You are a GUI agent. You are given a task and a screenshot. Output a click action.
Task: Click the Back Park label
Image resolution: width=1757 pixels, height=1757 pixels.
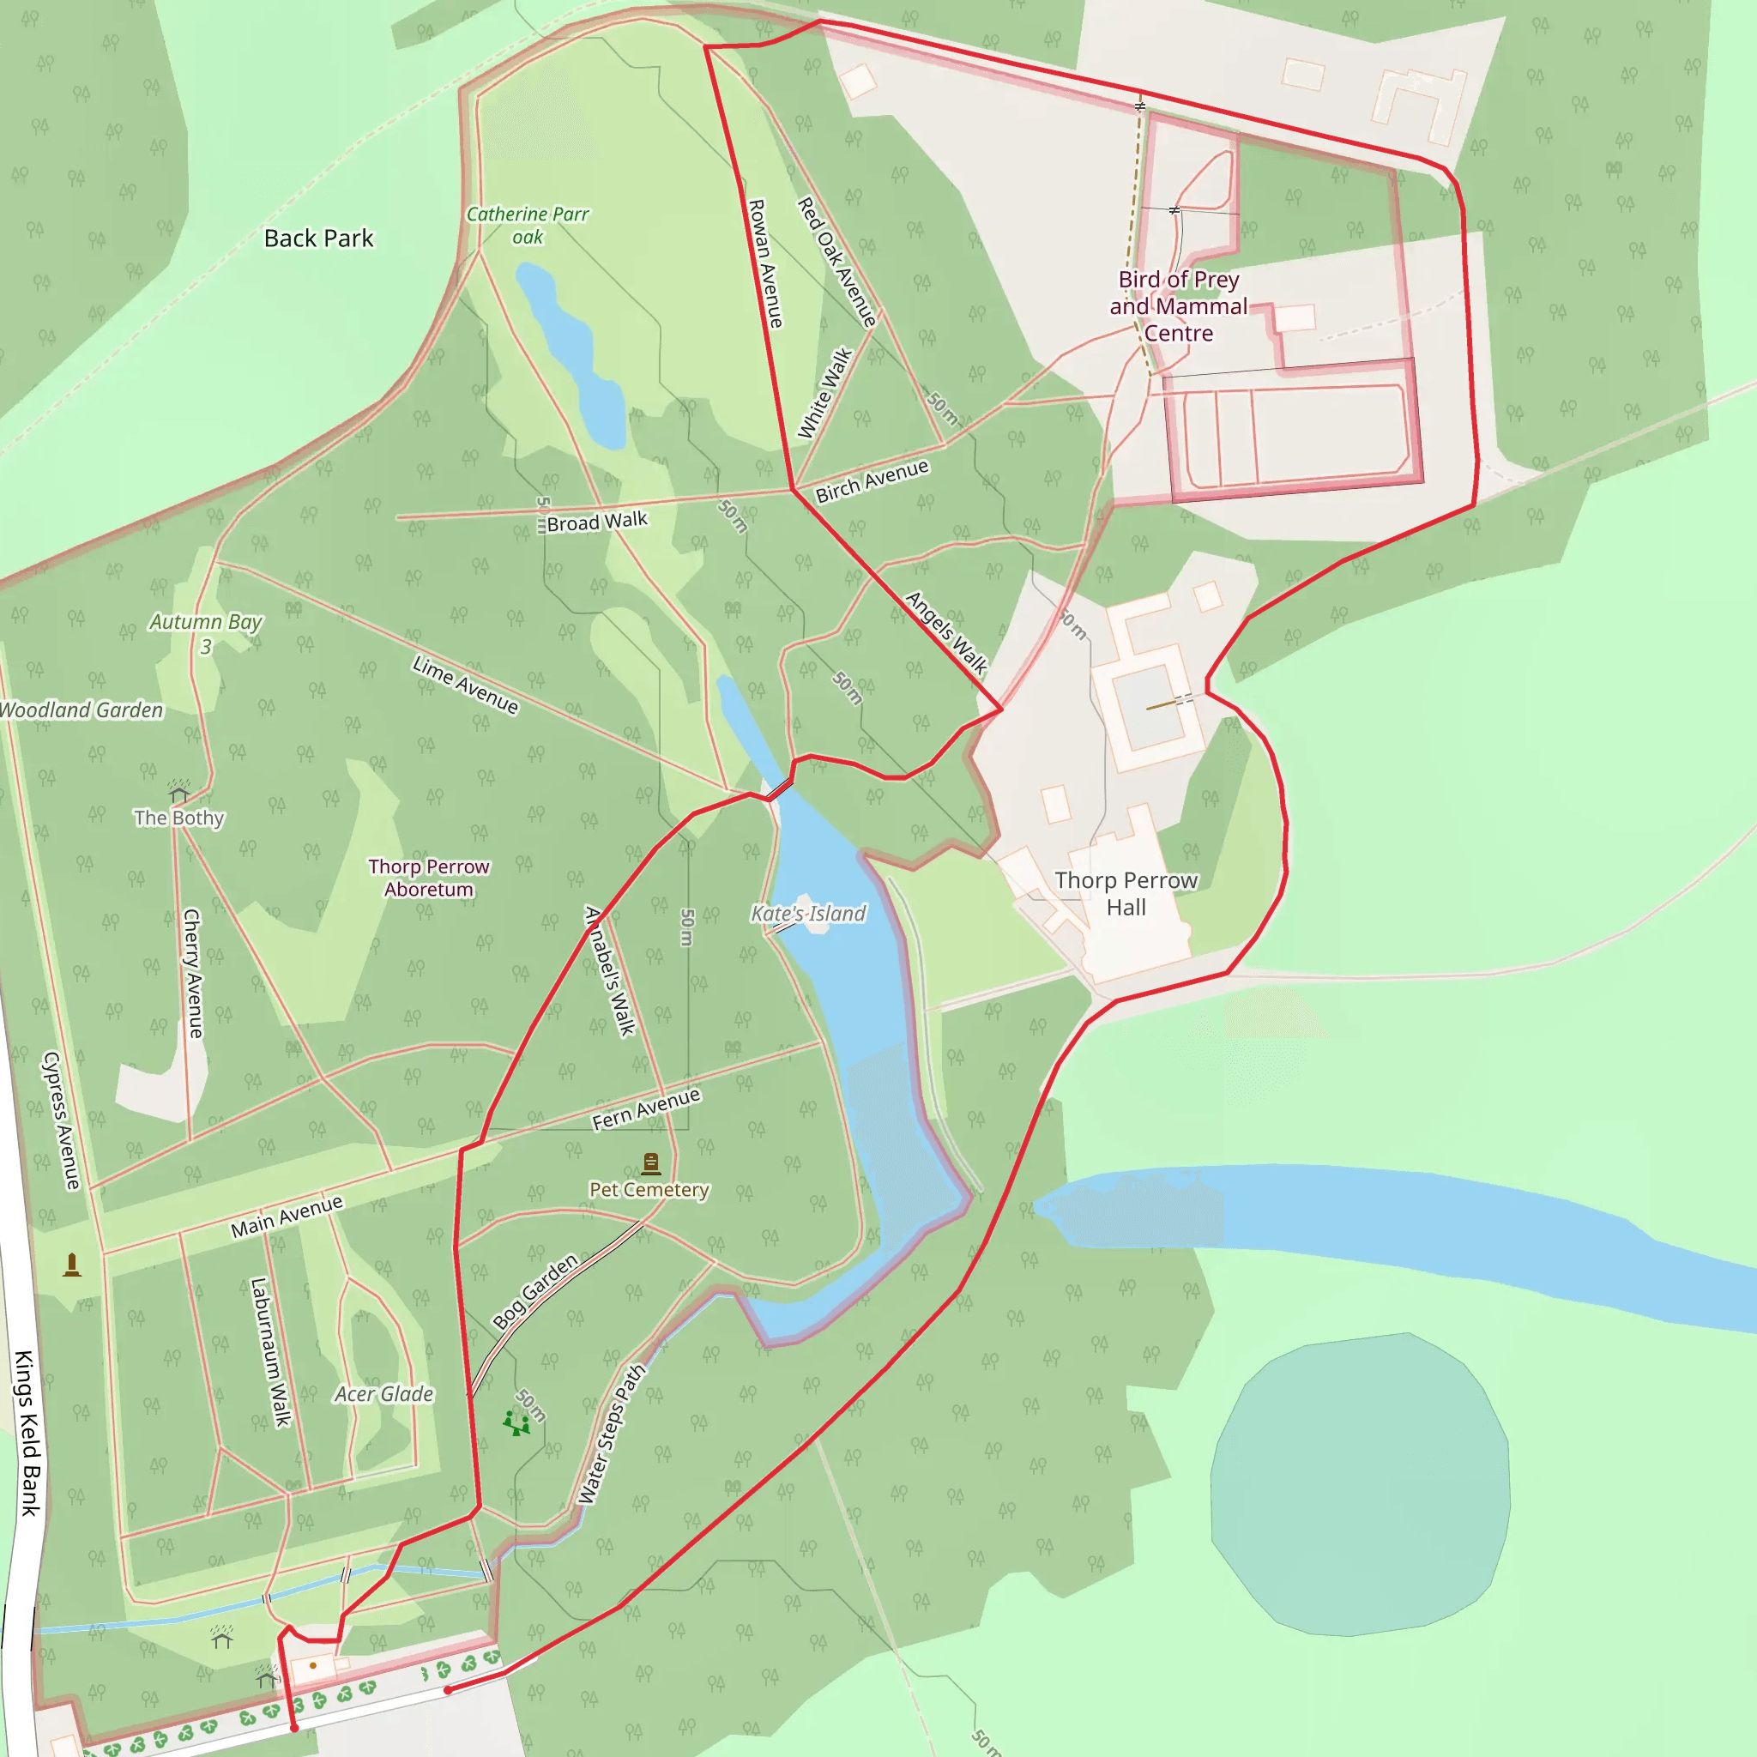point(318,238)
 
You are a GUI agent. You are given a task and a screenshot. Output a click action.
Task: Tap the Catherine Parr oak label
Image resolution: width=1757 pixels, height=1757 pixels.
point(528,226)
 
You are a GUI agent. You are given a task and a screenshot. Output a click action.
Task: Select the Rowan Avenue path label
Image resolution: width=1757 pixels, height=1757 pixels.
point(764,263)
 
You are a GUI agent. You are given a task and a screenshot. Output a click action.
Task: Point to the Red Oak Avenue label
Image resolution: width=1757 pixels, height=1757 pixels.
point(837,262)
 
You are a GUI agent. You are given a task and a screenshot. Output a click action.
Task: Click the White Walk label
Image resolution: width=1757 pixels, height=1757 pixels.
point(824,393)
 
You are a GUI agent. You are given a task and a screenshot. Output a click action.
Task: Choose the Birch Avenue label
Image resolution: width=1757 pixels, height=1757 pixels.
point(872,480)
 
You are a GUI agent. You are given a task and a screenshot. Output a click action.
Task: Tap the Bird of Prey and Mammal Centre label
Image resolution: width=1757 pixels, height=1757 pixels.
point(1179,306)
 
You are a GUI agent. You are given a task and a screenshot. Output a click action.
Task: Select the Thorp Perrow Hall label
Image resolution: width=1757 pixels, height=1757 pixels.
point(1126,894)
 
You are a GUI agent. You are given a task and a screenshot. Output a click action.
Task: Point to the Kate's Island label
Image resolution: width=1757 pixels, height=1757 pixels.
point(808,913)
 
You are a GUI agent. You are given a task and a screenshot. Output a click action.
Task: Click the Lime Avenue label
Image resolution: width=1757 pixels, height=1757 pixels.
point(466,685)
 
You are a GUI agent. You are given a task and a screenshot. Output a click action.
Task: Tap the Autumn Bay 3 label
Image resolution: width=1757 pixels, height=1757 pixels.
point(206,633)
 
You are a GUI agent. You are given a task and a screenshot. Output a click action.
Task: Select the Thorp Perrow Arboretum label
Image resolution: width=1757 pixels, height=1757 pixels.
point(428,878)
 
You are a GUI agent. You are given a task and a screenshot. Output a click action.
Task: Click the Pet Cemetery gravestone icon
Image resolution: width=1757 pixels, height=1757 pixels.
point(651,1163)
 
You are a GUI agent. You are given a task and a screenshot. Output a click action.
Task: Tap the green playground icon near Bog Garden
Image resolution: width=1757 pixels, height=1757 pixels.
point(516,1423)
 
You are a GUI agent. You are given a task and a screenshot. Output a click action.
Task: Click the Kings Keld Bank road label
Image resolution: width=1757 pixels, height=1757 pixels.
point(28,1434)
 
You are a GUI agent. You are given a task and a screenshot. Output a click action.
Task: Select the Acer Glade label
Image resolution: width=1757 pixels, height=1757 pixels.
point(383,1394)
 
